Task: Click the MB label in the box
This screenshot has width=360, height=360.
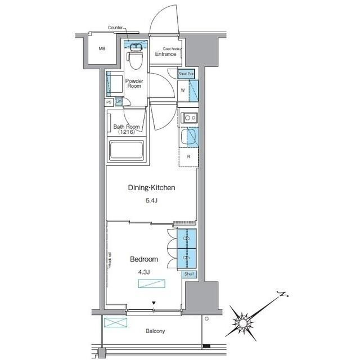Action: tap(102, 48)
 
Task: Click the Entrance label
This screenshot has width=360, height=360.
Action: tap(166, 54)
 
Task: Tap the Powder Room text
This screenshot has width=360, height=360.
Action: tap(134, 84)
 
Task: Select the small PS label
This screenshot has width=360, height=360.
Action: tap(109, 102)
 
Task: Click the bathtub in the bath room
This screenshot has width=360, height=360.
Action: tap(127, 151)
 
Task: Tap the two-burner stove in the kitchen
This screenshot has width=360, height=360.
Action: tap(188, 118)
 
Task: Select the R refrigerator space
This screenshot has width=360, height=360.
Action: tap(188, 157)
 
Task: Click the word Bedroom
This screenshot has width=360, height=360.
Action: tap(144, 259)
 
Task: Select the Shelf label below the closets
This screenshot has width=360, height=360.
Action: tap(190, 274)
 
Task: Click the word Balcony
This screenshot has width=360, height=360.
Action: tap(156, 331)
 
